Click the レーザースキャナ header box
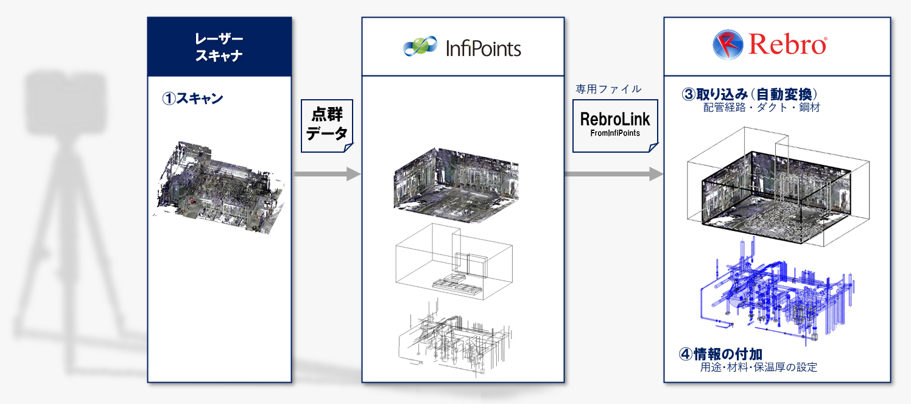(219, 47)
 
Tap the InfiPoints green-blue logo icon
(420, 47)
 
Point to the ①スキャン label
(192, 99)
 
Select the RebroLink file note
(615, 124)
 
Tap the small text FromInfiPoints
(615, 133)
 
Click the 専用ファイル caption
(608, 89)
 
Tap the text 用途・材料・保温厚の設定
(758, 367)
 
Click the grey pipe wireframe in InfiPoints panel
(454, 338)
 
